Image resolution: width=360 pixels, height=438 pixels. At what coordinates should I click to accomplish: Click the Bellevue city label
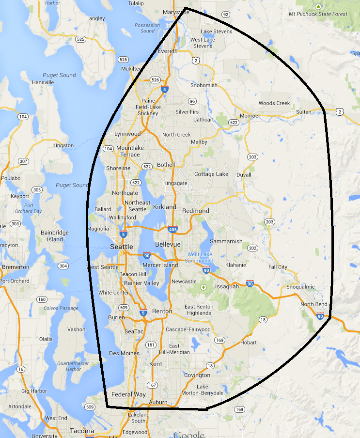[x=168, y=244]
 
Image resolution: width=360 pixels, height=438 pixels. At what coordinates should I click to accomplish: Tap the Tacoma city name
[x=82, y=431]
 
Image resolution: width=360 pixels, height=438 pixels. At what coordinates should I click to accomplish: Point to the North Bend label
[x=314, y=304]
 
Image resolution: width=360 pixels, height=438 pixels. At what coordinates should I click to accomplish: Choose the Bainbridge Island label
[x=55, y=236]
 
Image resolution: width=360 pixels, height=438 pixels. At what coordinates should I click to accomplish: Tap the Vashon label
[x=77, y=329]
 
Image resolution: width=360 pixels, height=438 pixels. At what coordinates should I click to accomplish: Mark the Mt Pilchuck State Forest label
[x=318, y=14]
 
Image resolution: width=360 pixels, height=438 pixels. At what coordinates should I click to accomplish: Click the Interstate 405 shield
[x=172, y=229]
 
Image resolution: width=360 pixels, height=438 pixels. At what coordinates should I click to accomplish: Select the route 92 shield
[x=225, y=15]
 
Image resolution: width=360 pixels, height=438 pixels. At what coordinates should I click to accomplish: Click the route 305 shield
[x=36, y=190]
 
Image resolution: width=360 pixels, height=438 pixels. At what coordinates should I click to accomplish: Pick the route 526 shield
[x=155, y=79]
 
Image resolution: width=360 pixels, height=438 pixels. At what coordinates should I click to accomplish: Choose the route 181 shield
[x=151, y=345]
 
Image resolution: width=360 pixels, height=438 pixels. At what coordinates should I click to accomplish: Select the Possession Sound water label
[x=147, y=28]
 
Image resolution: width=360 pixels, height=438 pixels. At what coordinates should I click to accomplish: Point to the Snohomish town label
[x=203, y=85]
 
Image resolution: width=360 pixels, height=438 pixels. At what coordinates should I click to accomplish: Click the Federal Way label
[x=128, y=394]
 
